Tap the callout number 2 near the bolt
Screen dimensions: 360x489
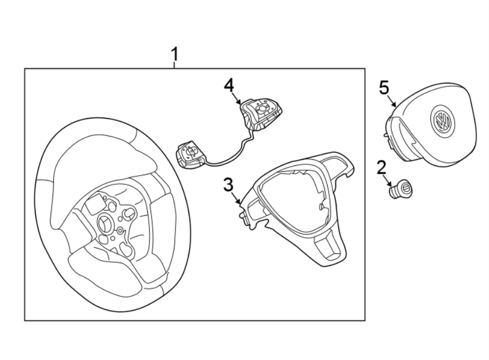[381, 167]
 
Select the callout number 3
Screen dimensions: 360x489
[229, 185]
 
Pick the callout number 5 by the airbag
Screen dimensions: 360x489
[384, 87]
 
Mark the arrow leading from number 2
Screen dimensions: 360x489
[387, 180]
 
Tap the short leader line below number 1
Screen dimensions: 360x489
[174, 65]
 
